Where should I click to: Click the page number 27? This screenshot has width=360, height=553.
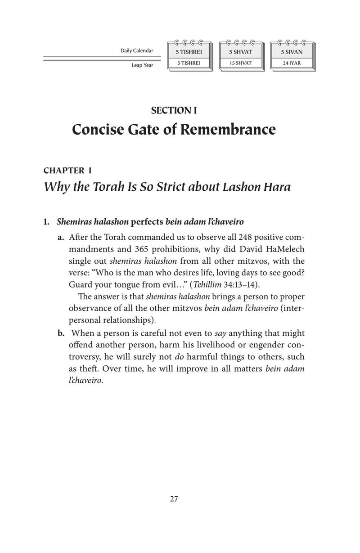coord(175,499)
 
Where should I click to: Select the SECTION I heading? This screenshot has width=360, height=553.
coord(174,111)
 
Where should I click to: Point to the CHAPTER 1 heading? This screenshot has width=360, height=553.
coord(68,171)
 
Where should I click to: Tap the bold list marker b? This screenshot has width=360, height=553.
coord(62,333)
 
